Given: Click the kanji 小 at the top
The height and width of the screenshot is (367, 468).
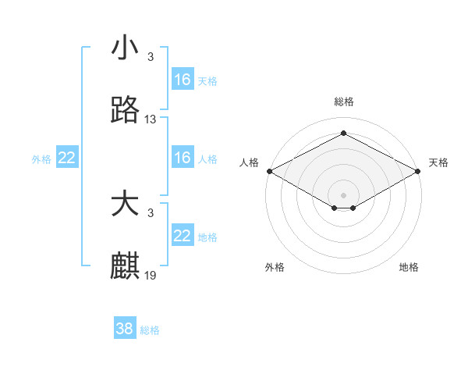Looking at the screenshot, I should point(126,48).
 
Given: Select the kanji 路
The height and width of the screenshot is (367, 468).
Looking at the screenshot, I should point(126,110).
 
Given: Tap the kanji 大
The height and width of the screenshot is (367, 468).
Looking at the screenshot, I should point(126,205).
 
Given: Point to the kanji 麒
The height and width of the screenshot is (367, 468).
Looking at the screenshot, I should point(126,266).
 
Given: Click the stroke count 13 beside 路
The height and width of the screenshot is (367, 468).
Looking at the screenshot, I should point(151,119).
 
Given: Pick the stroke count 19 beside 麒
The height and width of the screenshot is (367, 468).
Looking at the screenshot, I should point(151,276).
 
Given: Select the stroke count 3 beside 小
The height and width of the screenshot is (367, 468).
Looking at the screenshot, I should point(151,57).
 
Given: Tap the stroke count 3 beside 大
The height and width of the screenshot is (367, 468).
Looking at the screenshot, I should point(151,213).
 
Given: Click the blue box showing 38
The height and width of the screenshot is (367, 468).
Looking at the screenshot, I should point(125,329).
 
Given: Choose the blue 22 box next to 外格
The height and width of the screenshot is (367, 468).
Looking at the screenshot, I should point(66,158).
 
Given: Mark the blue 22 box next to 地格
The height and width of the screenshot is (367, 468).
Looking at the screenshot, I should point(183,236).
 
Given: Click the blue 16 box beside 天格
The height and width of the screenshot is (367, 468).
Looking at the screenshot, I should point(183,80).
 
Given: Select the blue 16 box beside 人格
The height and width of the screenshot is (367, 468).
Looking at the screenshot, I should point(183,158).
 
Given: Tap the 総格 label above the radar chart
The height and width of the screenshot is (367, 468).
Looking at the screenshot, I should point(343,102).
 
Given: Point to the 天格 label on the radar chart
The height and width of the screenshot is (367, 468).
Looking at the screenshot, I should point(438,162).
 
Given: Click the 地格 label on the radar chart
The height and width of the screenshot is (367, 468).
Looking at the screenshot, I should point(409,267).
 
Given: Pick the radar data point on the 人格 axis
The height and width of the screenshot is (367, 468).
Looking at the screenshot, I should point(269,170).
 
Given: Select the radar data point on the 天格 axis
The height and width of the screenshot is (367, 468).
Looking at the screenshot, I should point(418,170).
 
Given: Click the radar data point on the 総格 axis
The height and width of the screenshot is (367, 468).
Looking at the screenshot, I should point(343,134).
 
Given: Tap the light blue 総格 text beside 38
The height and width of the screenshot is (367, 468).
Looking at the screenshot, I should point(150,330).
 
